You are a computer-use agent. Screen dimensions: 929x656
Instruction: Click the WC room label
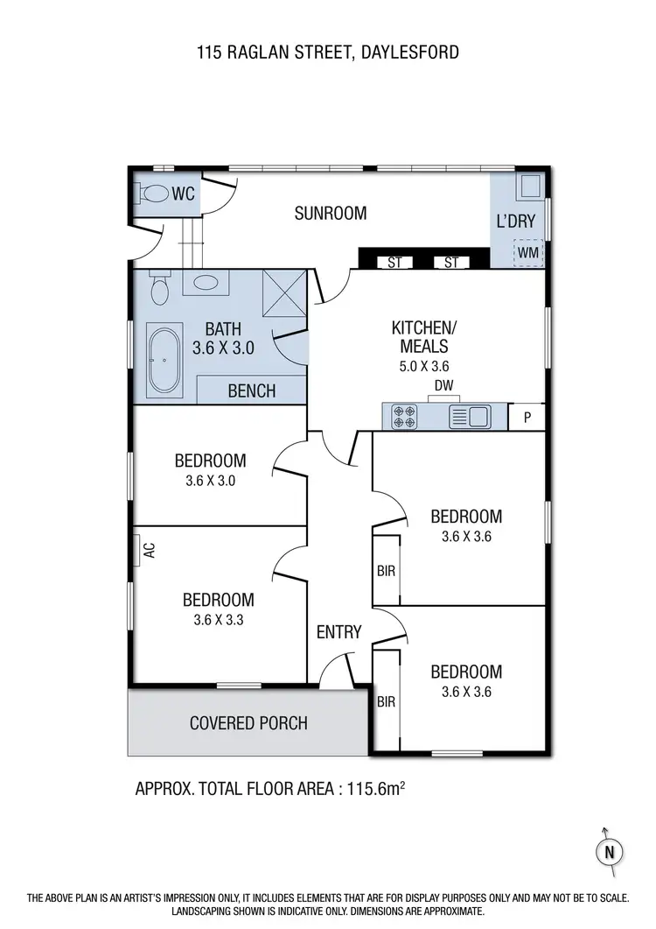(x=184, y=192)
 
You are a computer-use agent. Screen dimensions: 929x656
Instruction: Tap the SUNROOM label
(x=330, y=213)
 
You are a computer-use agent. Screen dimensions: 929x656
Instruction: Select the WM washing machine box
(x=528, y=253)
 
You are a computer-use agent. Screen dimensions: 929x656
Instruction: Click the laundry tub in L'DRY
(x=529, y=187)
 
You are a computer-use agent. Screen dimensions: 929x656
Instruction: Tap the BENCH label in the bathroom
(x=251, y=391)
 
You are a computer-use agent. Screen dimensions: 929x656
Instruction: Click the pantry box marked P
(x=527, y=417)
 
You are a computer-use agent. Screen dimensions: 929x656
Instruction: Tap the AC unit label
(x=148, y=551)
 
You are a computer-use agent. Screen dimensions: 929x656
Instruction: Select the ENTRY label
(x=338, y=632)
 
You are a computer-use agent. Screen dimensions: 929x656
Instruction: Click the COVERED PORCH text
(x=248, y=723)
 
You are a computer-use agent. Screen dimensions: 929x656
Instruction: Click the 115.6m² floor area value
(x=373, y=788)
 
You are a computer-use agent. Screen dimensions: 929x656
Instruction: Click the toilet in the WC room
(x=155, y=194)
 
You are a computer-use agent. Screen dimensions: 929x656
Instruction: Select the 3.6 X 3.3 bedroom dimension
(x=218, y=621)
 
